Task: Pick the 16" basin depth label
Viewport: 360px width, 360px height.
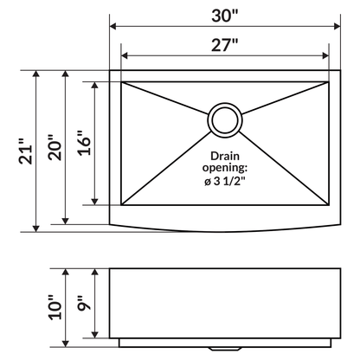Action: coord(81,143)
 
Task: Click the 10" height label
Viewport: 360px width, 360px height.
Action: coord(54,306)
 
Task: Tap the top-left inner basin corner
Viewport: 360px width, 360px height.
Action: coord(122,82)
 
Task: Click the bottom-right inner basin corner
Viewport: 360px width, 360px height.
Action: coord(328,205)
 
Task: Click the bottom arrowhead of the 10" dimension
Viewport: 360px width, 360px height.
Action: coord(65,339)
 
